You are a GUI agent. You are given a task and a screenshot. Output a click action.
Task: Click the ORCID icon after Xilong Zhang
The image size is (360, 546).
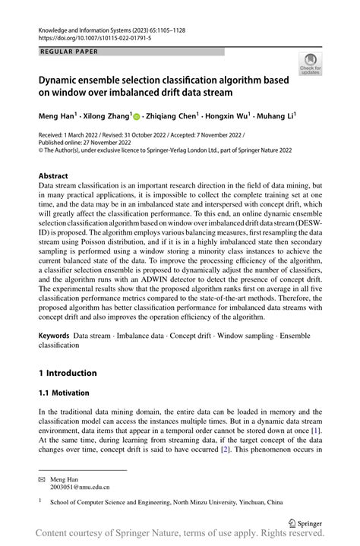137,116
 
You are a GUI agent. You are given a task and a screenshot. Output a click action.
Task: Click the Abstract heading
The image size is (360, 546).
58,175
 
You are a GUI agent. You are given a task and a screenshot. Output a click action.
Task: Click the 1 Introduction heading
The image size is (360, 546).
68,373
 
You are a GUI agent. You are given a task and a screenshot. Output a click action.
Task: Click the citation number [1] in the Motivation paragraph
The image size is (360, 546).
314,431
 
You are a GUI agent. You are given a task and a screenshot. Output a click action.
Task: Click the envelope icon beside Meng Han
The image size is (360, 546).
42,479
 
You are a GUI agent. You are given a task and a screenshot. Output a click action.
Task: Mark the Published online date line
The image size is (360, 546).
80,142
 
